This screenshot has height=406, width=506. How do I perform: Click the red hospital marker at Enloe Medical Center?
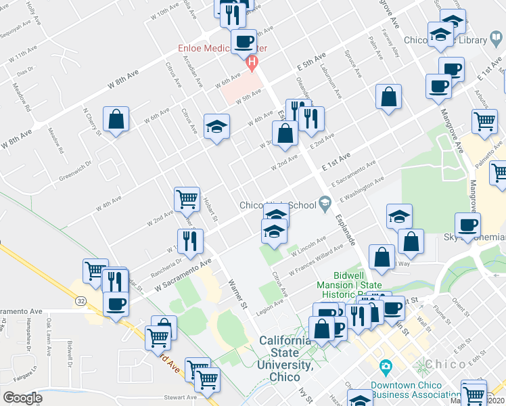coord(252,64)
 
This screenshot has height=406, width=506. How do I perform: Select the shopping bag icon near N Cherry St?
coord(116,120)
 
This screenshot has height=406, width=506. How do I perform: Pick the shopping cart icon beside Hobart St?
coord(187,199)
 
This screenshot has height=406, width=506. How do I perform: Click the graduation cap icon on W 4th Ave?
coord(216,127)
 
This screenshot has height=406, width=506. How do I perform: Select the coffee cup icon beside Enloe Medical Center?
coord(244,43)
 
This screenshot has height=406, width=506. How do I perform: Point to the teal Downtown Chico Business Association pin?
coord(386,367)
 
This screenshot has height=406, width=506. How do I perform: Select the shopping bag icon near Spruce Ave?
coord(388,97)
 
